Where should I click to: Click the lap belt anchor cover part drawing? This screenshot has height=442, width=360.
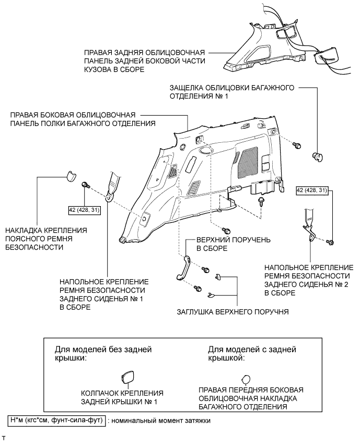pyautogui.click(x=69, y=175)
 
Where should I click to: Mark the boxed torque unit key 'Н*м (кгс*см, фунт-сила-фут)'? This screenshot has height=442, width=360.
pyautogui.click(x=57, y=420)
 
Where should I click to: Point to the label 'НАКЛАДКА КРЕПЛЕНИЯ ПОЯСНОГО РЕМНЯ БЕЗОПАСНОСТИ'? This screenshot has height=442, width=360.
pyautogui.click(x=46, y=239)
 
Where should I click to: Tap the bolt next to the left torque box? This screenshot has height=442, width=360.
pyautogui.click(x=86, y=185)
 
